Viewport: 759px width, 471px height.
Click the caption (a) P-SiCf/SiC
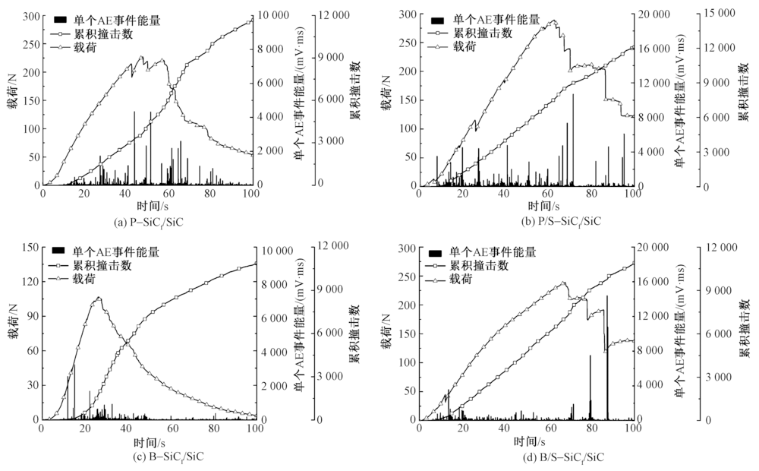[147, 221]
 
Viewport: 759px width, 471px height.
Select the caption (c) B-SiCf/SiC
[147, 457]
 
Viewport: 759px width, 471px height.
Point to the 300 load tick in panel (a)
[30, 15]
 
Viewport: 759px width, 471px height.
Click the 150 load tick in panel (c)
[30, 247]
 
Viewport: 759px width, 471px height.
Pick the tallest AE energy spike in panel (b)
[573, 95]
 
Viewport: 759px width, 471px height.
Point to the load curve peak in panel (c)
[97, 297]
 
